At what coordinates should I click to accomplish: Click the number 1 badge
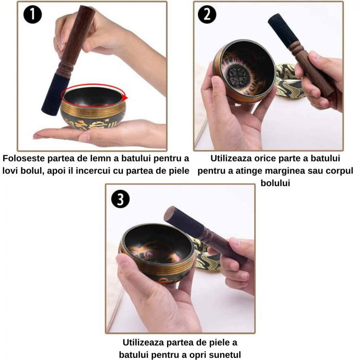pyautogui.click(x=32, y=14)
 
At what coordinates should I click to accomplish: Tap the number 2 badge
pyautogui.click(x=207, y=14)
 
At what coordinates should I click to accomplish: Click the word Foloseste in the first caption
pyautogui.click(x=25, y=158)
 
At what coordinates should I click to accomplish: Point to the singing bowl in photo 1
pyautogui.click(x=93, y=111)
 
